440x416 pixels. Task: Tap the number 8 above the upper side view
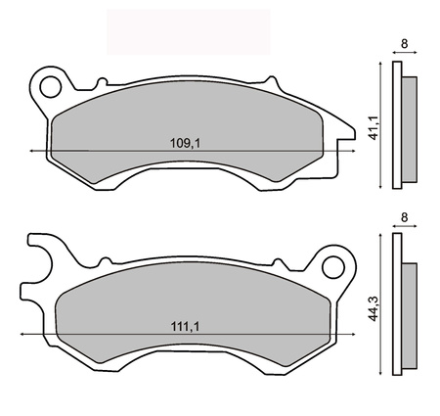405,44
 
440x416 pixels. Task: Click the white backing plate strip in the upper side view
396,125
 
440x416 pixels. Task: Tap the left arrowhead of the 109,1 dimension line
35,152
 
